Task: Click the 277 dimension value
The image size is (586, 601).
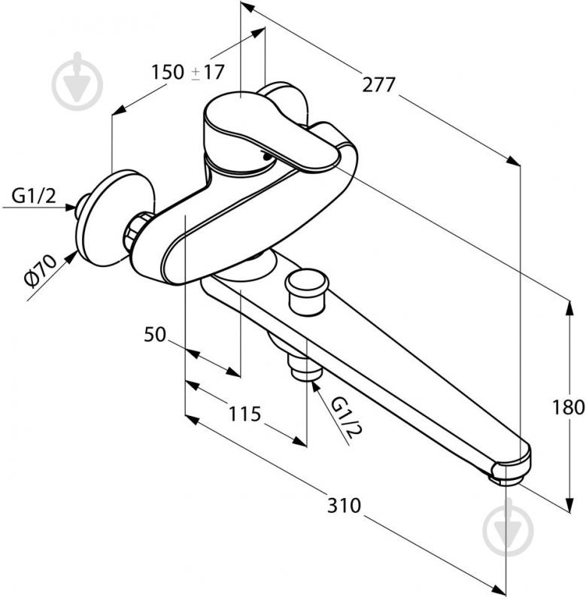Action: [x=378, y=85]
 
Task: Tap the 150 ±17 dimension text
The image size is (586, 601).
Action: [x=187, y=72]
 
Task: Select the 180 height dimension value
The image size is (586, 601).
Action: [x=568, y=407]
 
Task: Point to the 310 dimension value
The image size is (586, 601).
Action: [x=344, y=505]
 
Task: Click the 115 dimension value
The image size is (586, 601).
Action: [x=244, y=414]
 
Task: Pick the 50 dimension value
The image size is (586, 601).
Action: [x=155, y=334]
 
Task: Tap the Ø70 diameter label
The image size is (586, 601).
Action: [x=39, y=270]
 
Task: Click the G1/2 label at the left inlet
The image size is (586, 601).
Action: [x=34, y=196]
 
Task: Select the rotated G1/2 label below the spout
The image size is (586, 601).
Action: [x=346, y=418]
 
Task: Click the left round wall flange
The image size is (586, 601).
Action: [x=115, y=217]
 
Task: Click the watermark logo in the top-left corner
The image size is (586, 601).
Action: [x=77, y=82]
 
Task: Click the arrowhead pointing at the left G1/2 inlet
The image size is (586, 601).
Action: [x=70, y=208]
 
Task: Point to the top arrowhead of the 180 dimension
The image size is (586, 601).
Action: [x=570, y=308]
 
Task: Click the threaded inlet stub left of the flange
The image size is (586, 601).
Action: [x=82, y=207]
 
